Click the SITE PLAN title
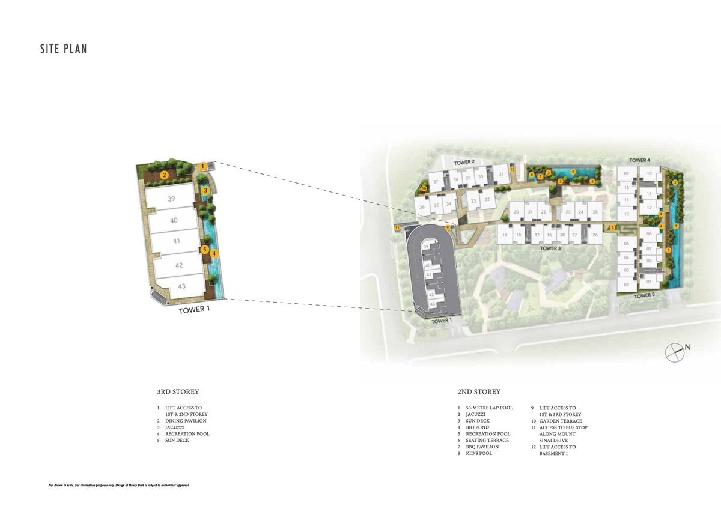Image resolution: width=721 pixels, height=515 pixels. [x=64, y=49]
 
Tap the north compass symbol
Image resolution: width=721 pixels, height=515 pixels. [x=675, y=352]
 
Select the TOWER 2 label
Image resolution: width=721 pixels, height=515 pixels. [x=464, y=163]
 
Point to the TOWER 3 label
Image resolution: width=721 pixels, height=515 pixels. [x=550, y=248]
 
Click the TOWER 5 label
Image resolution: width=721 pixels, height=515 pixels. [x=643, y=295]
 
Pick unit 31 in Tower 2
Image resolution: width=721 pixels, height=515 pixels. [x=500, y=175]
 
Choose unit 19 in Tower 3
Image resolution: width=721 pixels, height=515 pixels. [x=505, y=235]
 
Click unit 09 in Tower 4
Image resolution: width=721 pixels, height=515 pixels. [x=626, y=173]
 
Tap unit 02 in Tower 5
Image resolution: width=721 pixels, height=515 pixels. [x=626, y=285]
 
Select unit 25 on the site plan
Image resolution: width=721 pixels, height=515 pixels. [x=594, y=212]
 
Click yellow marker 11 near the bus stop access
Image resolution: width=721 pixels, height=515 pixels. [x=397, y=228]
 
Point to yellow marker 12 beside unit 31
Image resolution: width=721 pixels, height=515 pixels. [x=512, y=170]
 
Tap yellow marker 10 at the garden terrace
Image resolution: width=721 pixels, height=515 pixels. [x=424, y=188]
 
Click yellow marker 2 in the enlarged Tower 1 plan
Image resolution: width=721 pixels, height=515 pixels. [x=163, y=175]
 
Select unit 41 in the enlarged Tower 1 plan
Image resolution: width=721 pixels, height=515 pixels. [x=176, y=241]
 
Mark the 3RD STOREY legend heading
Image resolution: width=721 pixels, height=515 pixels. [x=178, y=392]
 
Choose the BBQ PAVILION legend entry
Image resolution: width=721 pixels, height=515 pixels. [x=482, y=447]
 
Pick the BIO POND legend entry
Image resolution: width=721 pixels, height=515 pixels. [x=478, y=427]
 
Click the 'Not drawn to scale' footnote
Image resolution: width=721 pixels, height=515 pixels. [x=118, y=484]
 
